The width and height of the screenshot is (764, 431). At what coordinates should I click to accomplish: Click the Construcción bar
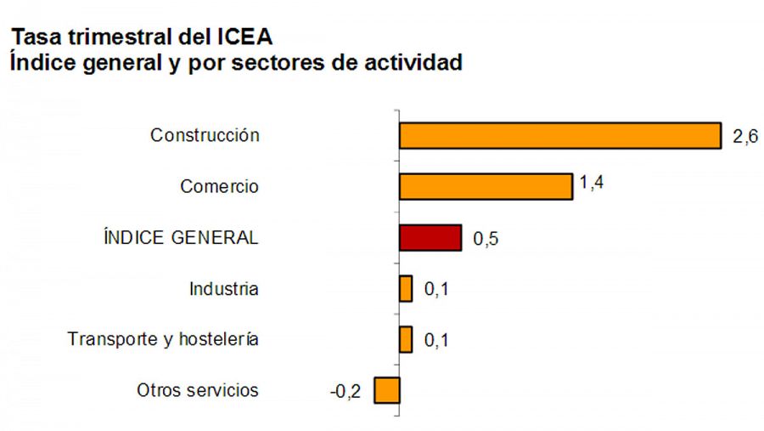[x=560, y=136]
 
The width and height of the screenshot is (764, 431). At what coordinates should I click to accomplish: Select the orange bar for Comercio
[x=486, y=186]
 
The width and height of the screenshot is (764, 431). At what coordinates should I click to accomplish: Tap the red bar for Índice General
[x=430, y=238]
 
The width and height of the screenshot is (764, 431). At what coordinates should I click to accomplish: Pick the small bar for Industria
[x=406, y=289]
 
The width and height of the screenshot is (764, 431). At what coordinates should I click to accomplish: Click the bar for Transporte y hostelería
[x=406, y=340]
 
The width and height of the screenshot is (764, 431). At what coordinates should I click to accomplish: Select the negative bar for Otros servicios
[x=387, y=391]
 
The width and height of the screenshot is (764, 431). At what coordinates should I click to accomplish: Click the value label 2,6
[x=744, y=137]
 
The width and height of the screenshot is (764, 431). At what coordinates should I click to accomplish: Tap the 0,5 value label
[x=486, y=239]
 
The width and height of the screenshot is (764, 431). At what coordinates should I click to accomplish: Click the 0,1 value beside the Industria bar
[x=435, y=290]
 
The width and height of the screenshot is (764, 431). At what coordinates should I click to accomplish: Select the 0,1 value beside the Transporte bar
[x=435, y=341]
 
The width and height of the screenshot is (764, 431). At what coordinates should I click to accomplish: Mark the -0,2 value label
[x=345, y=392]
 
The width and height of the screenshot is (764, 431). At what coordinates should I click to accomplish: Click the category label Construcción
[x=205, y=135]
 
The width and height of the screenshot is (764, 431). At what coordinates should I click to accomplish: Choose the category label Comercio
[x=219, y=186]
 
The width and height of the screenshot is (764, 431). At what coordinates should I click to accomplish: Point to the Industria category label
[x=223, y=289]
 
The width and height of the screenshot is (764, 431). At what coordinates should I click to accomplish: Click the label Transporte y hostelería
[x=163, y=340]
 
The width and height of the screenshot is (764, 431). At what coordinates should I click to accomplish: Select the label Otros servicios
[x=198, y=391]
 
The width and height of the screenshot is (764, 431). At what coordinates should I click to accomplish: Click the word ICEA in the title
[x=242, y=37]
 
